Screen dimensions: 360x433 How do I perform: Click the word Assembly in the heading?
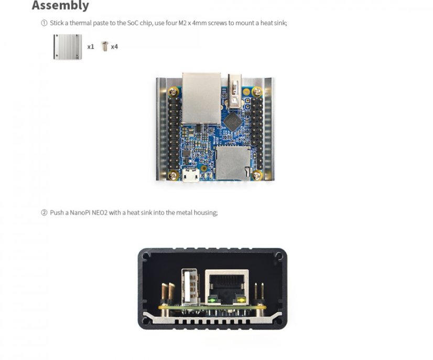[60, 6]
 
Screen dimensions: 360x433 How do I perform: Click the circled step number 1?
[44, 23]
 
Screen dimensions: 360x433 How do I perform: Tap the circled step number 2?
[44, 213]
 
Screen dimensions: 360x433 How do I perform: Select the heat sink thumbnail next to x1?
[68, 46]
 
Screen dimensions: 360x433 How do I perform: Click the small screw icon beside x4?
[104, 46]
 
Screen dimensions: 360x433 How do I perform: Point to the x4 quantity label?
[114, 47]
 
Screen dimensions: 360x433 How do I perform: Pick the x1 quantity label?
[91, 47]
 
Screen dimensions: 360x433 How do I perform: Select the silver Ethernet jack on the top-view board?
[201, 98]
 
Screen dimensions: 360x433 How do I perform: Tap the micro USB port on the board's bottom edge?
[191, 176]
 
